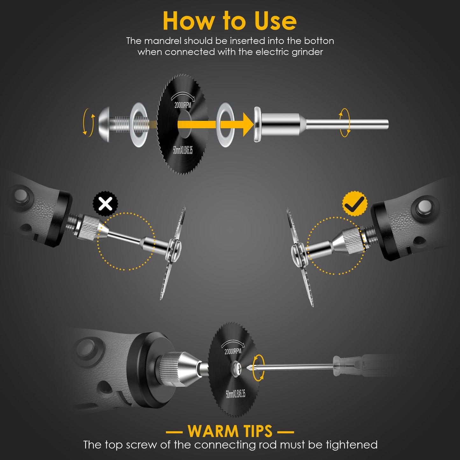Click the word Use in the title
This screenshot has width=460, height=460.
tap(275, 21)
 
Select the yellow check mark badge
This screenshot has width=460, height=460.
tap(355, 204)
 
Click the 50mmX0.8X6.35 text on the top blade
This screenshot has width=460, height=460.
tap(183, 150)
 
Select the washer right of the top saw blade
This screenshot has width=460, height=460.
tap(225, 124)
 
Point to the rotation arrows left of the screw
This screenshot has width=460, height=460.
tap(88, 123)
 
